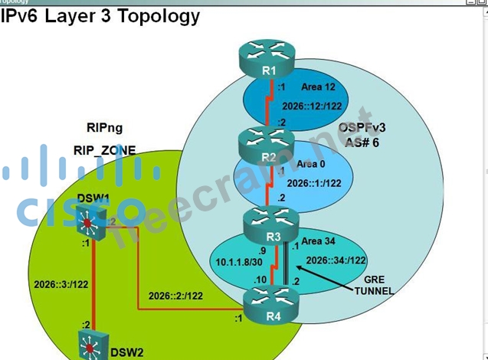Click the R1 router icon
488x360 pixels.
(x=267, y=59)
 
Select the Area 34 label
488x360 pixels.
(x=319, y=241)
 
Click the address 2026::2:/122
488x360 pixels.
(x=175, y=295)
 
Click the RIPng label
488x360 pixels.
(x=104, y=128)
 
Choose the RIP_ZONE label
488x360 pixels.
(x=104, y=151)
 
